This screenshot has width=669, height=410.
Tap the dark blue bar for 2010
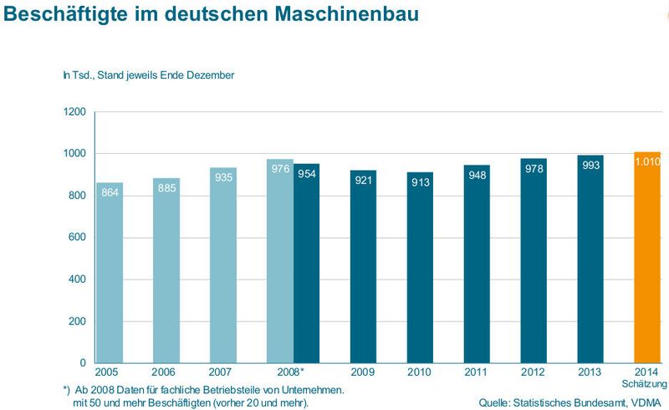coord(420,268)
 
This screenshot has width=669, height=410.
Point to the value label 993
coord(590,165)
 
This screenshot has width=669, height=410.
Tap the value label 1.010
coord(648,161)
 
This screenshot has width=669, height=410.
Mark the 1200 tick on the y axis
coord(74,112)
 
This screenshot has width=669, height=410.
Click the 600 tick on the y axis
coord(78,238)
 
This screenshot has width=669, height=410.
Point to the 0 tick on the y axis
coord(83,363)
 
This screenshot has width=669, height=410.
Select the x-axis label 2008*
coord(289,372)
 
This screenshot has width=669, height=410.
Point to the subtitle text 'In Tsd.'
coord(78,75)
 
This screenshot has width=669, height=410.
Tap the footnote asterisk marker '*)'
coord(68,390)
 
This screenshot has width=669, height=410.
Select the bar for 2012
coord(534,260)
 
